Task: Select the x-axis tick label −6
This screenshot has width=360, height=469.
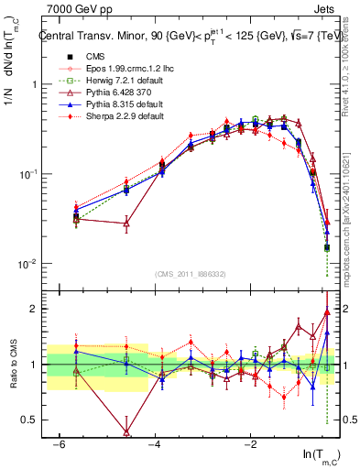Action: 59,444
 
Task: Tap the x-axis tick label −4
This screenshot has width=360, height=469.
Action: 155,444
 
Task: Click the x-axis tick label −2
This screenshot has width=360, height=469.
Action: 251,444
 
